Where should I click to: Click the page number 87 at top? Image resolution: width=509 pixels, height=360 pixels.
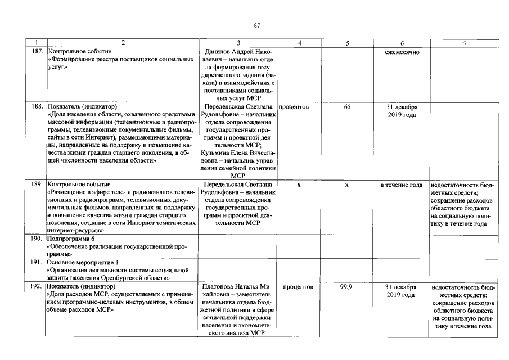point(256,25)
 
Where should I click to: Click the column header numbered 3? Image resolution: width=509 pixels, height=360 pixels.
point(238,43)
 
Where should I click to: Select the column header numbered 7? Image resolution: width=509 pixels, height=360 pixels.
point(465,43)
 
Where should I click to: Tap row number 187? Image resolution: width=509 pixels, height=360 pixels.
point(38,52)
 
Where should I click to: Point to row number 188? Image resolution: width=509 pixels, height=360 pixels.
point(38,106)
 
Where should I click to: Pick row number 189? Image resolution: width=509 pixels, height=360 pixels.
point(38,184)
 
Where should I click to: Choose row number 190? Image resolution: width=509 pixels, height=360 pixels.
point(38,238)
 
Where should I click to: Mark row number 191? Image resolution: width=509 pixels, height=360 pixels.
point(38,262)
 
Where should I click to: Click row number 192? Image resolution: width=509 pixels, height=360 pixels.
point(38,286)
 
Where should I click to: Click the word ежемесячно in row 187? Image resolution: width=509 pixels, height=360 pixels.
point(402,52)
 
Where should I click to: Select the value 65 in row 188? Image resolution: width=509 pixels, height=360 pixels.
point(347,106)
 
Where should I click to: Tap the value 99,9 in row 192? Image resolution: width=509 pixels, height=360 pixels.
point(346,286)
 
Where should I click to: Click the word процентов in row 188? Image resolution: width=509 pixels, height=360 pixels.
point(293,106)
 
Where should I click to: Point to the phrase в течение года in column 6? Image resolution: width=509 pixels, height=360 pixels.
point(402,184)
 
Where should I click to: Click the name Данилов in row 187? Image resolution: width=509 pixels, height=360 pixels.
point(221,52)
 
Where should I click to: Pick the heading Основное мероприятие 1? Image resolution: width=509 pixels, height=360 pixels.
point(84,262)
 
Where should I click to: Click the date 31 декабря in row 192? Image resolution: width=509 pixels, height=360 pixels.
point(402,286)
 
